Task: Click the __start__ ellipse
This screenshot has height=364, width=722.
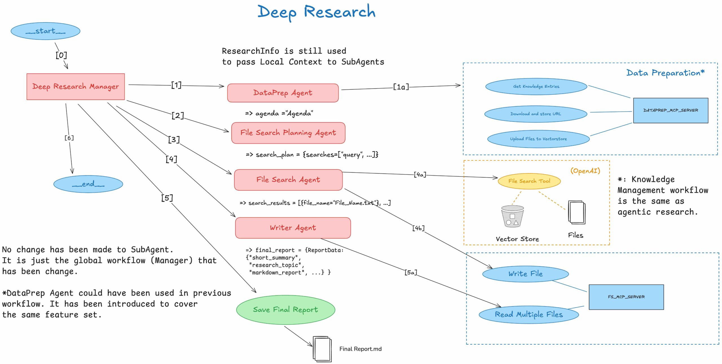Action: point(45,31)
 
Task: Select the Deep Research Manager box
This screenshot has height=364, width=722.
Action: point(76,87)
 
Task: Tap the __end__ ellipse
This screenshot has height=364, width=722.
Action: point(88,184)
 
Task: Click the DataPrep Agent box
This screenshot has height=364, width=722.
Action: point(283,93)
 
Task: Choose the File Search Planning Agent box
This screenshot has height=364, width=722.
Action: point(288,133)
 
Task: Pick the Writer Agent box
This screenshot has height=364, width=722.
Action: point(293,228)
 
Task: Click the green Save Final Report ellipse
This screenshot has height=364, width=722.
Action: point(285,310)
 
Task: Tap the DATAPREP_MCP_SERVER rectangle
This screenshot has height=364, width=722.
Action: point(670,110)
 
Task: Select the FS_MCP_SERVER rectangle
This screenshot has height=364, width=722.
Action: point(626,297)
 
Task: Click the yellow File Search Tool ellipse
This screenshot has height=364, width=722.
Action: point(529,181)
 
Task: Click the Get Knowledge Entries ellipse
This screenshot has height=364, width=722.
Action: point(536,87)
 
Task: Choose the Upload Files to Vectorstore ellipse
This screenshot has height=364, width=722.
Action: point(538,139)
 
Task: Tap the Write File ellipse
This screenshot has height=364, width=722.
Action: point(525,274)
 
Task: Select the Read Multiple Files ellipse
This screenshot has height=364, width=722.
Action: point(529,314)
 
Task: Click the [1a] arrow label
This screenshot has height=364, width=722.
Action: point(401,87)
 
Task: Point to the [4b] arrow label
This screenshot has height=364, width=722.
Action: point(418,228)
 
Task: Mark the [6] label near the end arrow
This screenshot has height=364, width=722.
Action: point(69,138)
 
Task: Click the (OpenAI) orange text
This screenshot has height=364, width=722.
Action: point(585,171)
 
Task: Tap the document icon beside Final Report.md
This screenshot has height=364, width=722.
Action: point(322,349)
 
